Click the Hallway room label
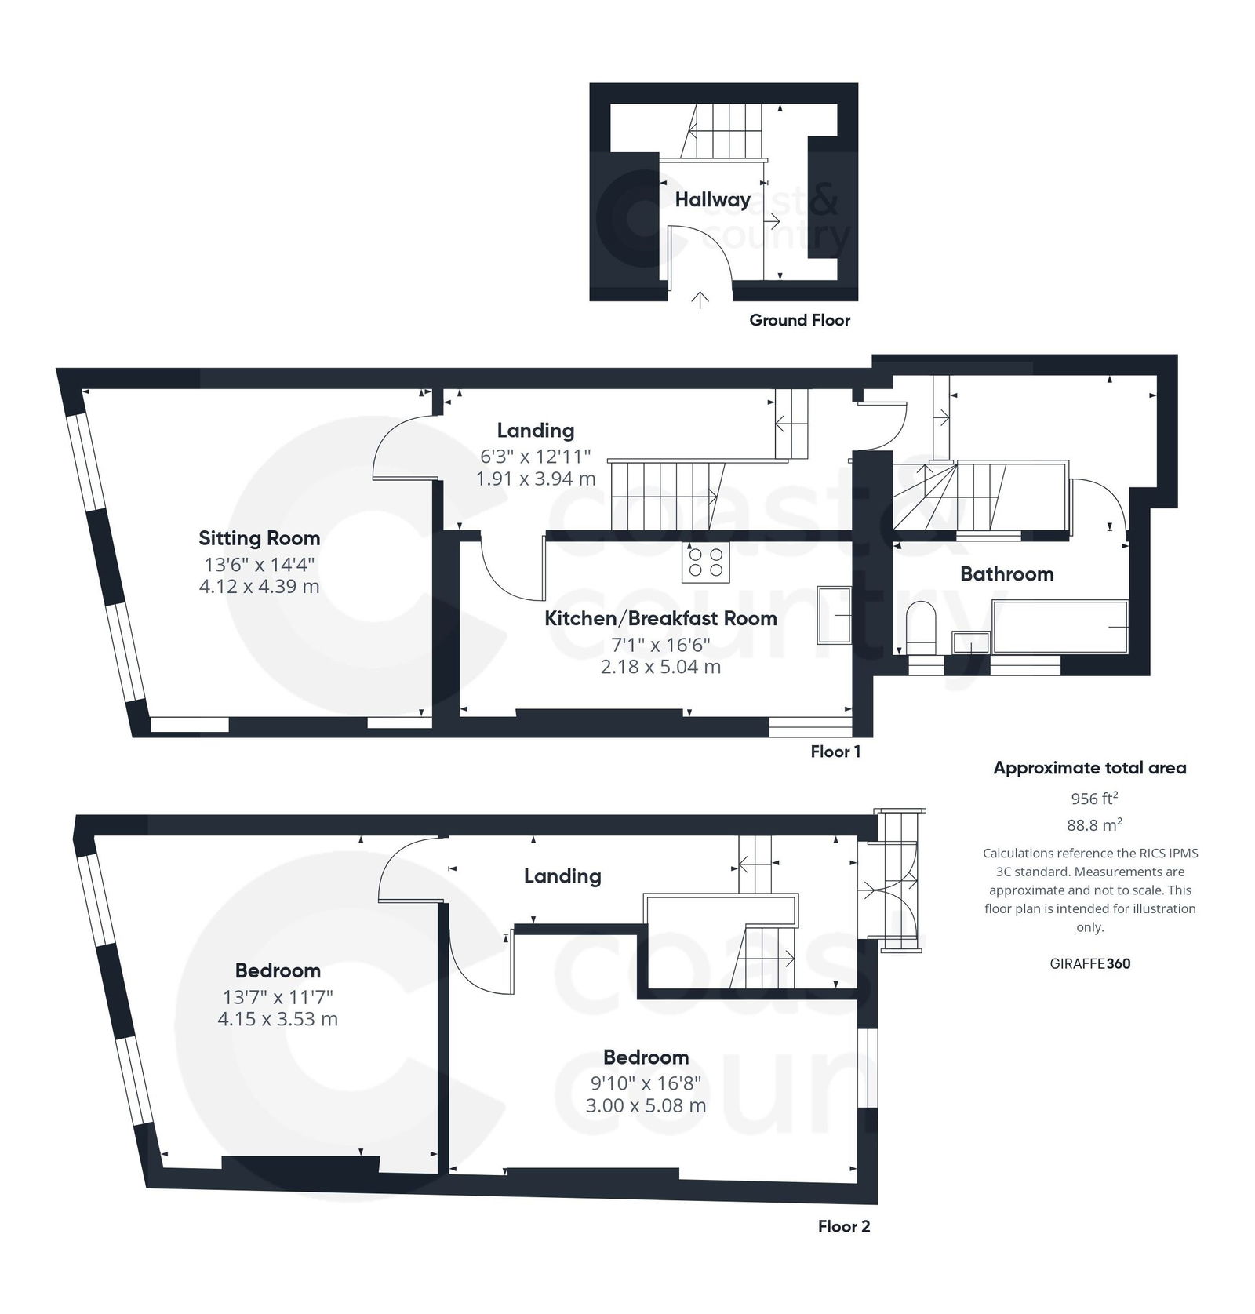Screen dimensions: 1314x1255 pyautogui.click(x=712, y=199)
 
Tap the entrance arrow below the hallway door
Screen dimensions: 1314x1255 pyautogui.click(x=700, y=300)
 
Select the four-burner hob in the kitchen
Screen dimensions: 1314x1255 pyautogui.click(x=705, y=562)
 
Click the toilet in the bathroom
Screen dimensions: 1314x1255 pyautogui.click(x=921, y=628)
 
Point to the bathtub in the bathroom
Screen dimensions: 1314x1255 pyautogui.click(x=1060, y=627)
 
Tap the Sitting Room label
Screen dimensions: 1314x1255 pyautogui.click(x=259, y=538)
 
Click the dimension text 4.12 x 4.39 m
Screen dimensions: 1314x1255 pyautogui.click(x=259, y=587)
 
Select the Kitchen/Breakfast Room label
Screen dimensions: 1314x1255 pyautogui.click(x=660, y=618)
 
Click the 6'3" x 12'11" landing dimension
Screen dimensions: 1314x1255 pyautogui.click(x=535, y=456)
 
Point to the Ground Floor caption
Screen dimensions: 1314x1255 pyautogui.click(x=799, y=320)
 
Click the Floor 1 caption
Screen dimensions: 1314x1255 pyautogui.click(x=835, y=752)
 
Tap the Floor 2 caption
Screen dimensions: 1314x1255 pyautogui.click(x=844, y=1226)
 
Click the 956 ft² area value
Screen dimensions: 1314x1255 pyautogui.click(x=1094, y=799)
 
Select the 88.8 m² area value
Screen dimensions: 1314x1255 pyautogui.click(x=1094, y=825)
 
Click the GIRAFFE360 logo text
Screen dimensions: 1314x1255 pyautogui.click(x=1089, y=963)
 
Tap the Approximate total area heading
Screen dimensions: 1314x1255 pyautogui.click(x=1089, y=768)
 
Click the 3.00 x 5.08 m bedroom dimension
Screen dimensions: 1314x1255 pyautogui.click(x=646, y=1106)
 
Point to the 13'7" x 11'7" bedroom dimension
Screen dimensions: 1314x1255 pyautogui.click(x=278, y=997)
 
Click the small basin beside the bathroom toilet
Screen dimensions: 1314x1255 pyautogui.click(x=971, y=642)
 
